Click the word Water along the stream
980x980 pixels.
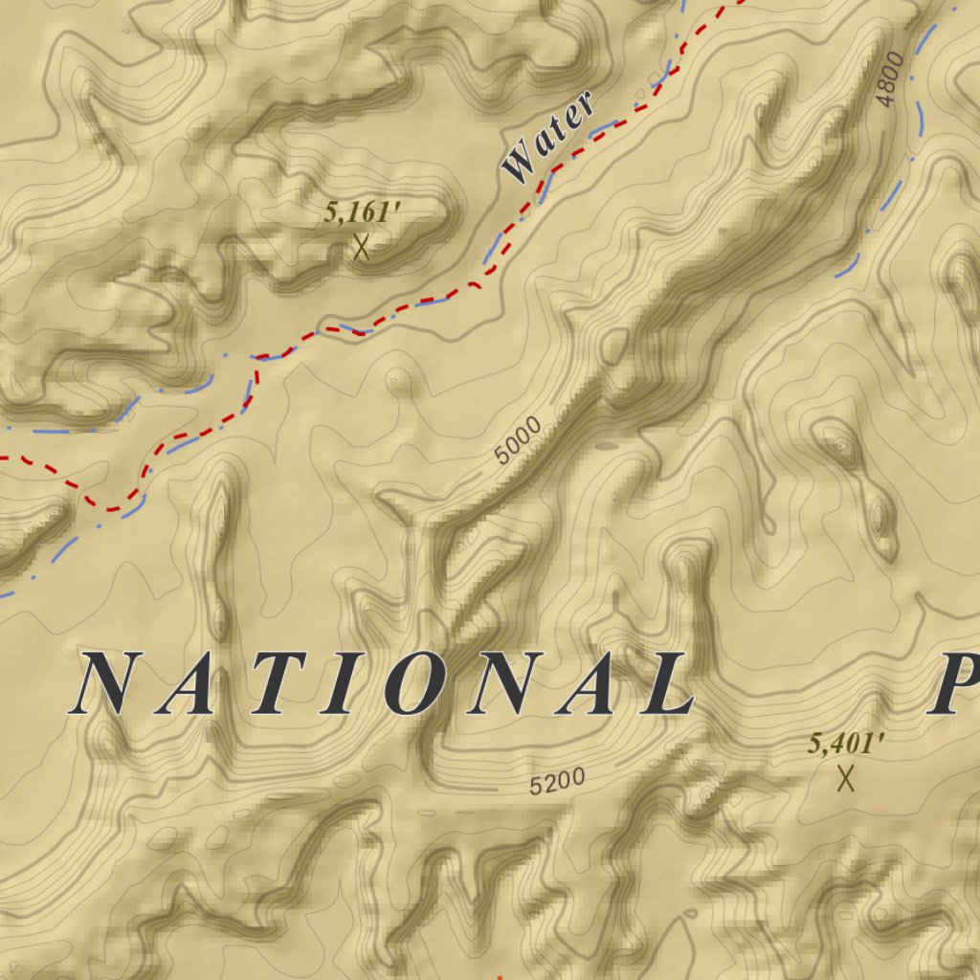pyautogui.click(x=548, y=137)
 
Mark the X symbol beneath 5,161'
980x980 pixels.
pyautogui.click(x=361, y=248)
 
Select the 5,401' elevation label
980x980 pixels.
pyautogui.click(x=845, y=743)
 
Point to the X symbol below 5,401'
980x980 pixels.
pyautogui.click(x=845, y=778)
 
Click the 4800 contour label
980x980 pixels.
pyautogui.click(x=889, y=80)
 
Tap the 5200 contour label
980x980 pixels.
pyautogui.click(x=557, y=782)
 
